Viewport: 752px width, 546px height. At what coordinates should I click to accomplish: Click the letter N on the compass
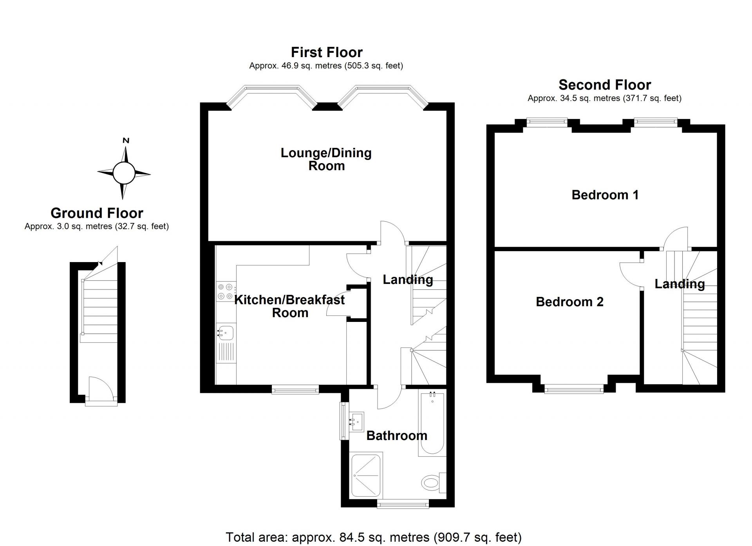(x=126, y=141)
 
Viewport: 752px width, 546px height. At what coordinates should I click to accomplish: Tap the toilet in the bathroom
(x=431, y=482)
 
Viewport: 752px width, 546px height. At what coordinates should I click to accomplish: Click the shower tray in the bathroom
(x=367, y=475)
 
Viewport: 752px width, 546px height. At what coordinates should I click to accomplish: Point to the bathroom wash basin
(x=356, y=422)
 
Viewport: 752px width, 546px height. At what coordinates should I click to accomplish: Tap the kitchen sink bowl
(x=227, y=332)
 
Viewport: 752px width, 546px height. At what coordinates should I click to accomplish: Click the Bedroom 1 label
(x=605, y=195)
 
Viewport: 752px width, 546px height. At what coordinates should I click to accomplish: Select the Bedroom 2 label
(x=569, y=302)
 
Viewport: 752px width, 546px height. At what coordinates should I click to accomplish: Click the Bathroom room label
(x=396, y=436)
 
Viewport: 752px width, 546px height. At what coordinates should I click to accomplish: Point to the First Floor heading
(x=327, y=52)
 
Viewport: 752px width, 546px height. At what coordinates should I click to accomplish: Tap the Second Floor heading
(x=604, y=85)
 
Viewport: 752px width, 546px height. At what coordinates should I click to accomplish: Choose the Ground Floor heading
(x=97, y=213)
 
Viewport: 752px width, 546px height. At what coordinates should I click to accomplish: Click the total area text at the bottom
(x=373, y=537)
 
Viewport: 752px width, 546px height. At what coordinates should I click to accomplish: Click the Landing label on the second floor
(x=680, y=284)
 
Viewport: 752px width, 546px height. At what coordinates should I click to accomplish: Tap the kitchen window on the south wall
(x=295, y=389)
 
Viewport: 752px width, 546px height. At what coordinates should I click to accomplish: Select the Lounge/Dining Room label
(x=326, y=159)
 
